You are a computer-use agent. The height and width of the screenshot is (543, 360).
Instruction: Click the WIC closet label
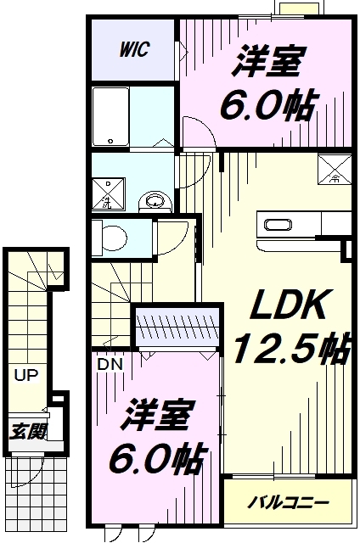(134, 49)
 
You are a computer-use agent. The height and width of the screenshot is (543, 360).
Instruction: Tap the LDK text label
(289, 305)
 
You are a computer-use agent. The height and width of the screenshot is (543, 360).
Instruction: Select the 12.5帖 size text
(291, 348)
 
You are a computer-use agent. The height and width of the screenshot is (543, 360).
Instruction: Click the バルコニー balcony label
(288, 502)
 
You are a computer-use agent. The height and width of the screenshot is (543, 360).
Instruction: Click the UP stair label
(26, 375)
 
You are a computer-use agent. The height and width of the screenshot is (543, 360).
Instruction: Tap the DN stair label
(110, 364)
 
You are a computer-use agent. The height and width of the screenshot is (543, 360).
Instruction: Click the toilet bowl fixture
(110, 238)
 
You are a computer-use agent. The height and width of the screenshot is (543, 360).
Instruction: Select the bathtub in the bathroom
(111, 116)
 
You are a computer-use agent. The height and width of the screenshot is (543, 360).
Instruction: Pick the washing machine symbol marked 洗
(108, 193)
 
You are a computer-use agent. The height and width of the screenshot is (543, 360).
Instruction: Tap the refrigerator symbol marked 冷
(335, 170)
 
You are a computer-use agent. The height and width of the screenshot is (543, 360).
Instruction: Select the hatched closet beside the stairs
(177, 325)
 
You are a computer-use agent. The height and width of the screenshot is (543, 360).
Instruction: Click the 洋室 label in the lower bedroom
(156, 416)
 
